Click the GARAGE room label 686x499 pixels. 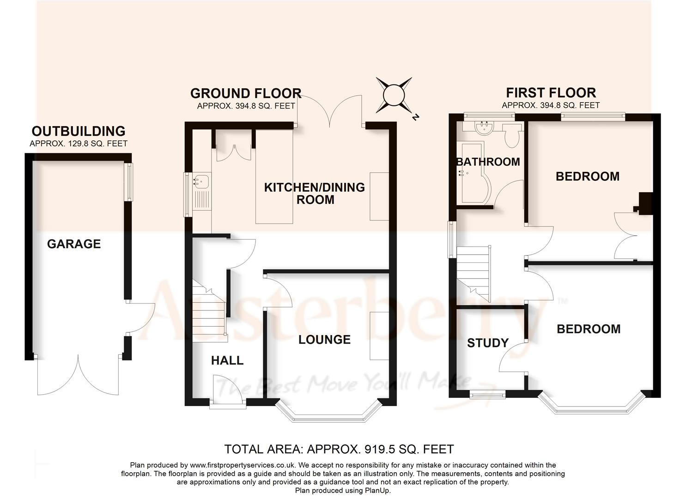click(x=73, y=243)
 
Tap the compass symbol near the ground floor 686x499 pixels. click(x=394, y=95)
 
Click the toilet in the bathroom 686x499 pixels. click(x=512, y=134)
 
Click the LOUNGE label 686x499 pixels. click(x=324, y=340)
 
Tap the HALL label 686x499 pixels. click(x=227, y=360)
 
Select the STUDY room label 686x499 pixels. click(x=487, y=343)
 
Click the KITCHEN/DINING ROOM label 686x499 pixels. click(x=315, y=194)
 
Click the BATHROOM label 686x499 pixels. click(x=488, y=162)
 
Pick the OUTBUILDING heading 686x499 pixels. click(x=78, y=131)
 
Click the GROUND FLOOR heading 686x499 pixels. click(x=246, y=93)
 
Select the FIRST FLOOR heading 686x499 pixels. click(x=551, y=92)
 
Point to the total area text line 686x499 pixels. click(x=339, y=449)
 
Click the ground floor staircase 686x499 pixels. click(x=209, y=310)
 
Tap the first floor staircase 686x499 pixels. click(x=473, y=273)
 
